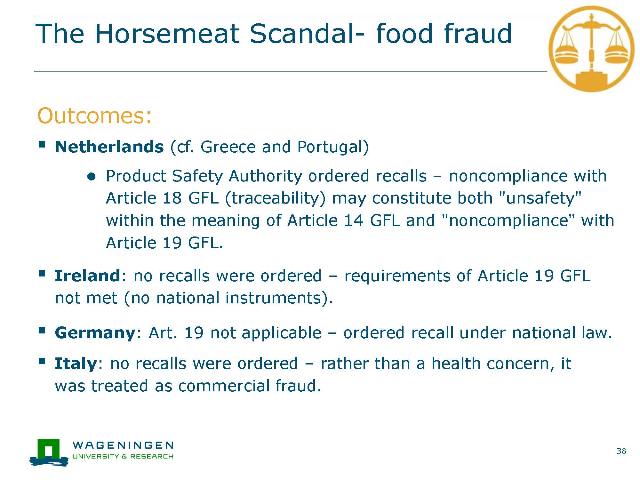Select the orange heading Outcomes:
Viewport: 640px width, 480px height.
[x=94, y=116]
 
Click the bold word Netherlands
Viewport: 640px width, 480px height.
[x=109, y=147]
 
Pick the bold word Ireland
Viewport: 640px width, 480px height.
[x=87, y=276]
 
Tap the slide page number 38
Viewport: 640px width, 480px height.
[x=621, y=451]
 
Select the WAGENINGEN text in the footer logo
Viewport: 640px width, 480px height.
[x=123, y=445]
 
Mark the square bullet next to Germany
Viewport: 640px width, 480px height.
[x=42, y=330]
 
